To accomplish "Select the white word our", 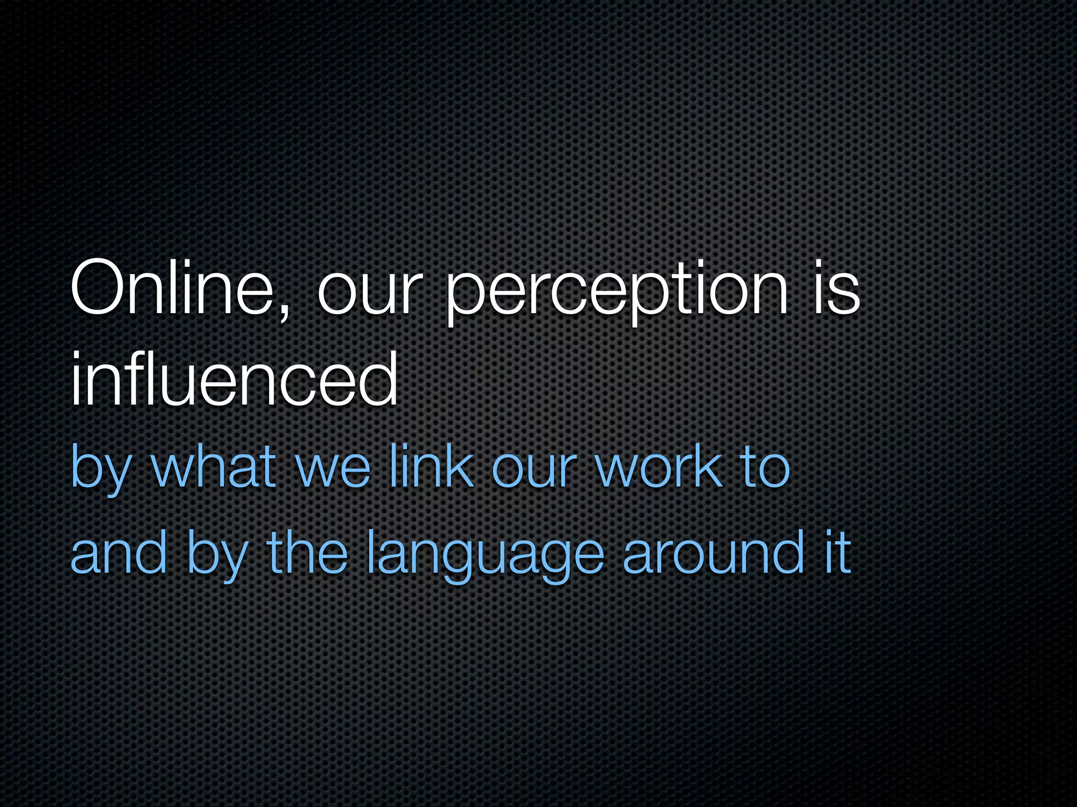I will click(x=369, y=294).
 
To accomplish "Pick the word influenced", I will click(x=235, y=379).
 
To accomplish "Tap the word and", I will click(x=119, y=552).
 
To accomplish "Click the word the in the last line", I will click(x=308, y=552).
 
